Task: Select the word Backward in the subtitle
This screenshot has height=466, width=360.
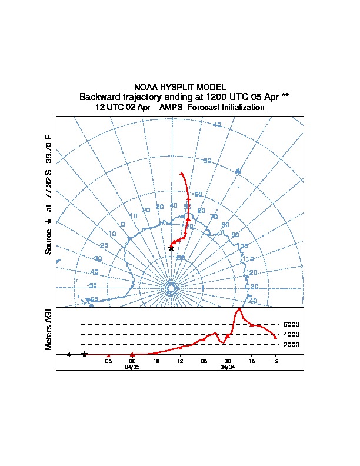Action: (x=100, y=96)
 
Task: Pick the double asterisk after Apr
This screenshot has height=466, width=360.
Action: (x=285, y=96)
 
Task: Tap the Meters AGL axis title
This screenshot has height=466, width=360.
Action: (x=49, y=328)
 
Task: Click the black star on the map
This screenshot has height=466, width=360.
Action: (x=171, y=248)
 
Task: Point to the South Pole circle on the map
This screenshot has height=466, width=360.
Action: (x=171, y=288)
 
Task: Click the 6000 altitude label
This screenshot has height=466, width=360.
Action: (x=291, y=324)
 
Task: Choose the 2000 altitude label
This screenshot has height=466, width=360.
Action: (x=291, y=345)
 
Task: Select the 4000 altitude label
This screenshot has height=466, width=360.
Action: (x=291, y=334)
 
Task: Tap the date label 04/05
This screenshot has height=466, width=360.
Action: (x=132, y=367)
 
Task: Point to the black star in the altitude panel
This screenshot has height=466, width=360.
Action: (x=85, y=354)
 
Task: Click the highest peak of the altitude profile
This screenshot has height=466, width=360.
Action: (x=239, y=308)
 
